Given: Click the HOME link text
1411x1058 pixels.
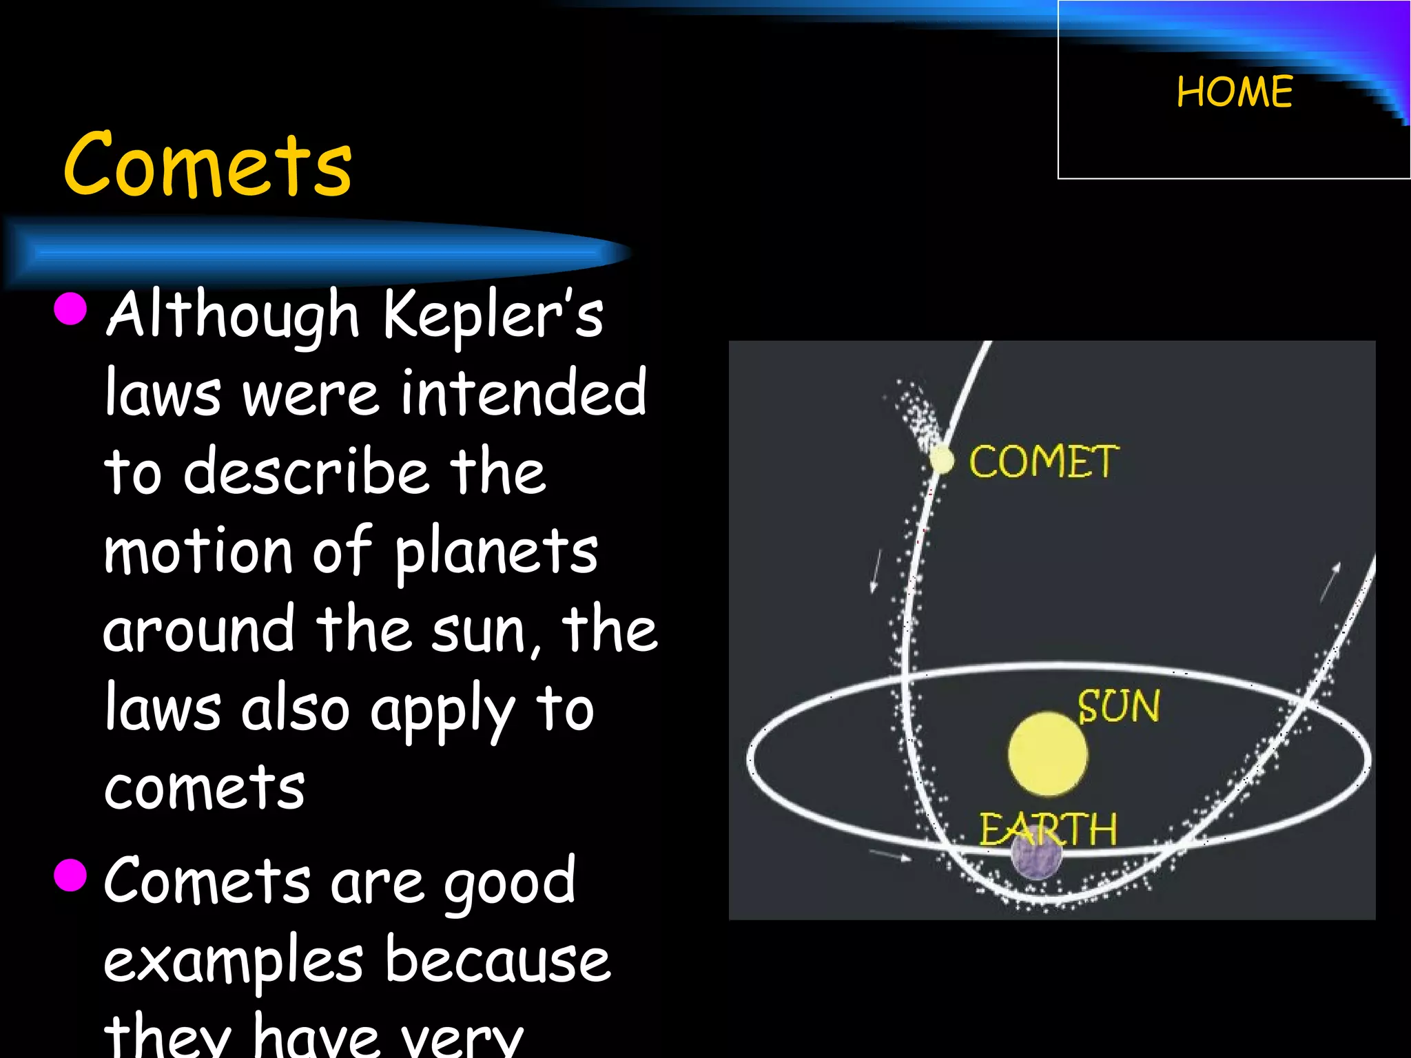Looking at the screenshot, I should pos(1235,92).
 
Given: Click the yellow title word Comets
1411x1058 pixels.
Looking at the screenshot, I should pos(207,165).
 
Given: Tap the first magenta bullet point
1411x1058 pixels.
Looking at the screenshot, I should pos(70,308).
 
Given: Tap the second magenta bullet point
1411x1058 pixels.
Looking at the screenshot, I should pos(70,875).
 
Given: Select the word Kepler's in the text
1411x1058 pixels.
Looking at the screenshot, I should pos(492,313).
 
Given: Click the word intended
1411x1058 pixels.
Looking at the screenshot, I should pos(524,393).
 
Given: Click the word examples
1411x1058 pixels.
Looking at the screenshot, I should pos(233,961).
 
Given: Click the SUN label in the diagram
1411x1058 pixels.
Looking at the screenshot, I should pos(1118,707).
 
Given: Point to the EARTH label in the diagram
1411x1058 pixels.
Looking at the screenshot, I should pos(1048,829).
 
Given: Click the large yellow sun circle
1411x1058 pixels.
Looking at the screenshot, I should pos(1047,754).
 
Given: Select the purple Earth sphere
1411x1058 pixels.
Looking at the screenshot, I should pos(1036,856).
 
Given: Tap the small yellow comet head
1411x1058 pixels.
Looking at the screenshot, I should pos(941,459).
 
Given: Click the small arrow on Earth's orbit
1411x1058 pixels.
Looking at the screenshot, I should pos(889,855).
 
